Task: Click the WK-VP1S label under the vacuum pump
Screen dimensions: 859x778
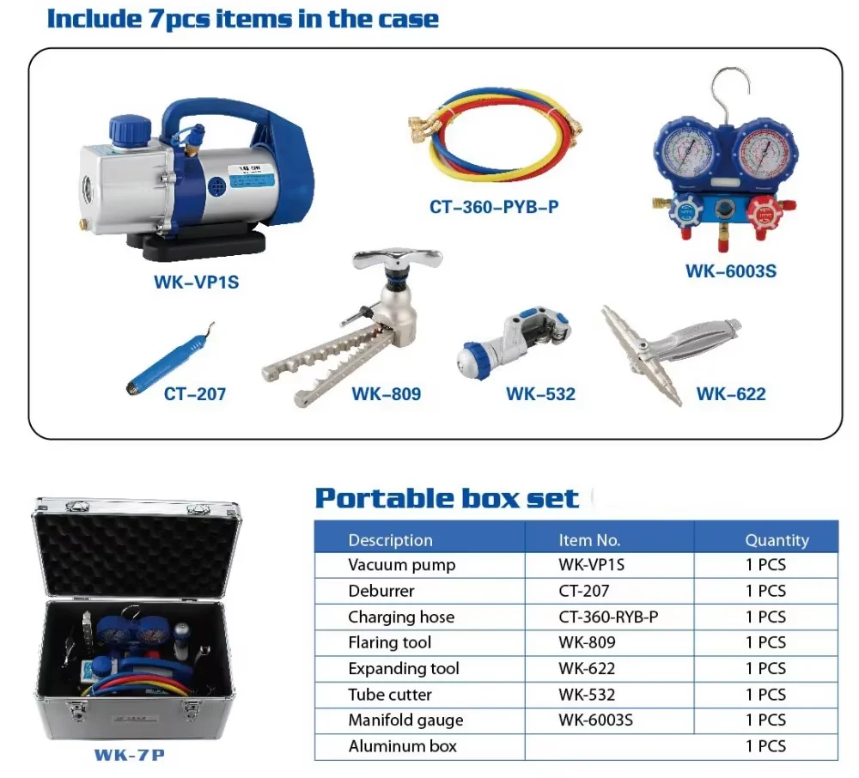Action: click(x=196, y=282)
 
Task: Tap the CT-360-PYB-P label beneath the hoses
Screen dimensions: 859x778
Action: click(x=494, y=207)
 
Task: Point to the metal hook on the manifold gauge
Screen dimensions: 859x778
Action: click(x=732, y=93)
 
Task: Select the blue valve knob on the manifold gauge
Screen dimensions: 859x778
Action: click(x=685, y=212)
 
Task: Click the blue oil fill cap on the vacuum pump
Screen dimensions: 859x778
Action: click(x=130, y=131)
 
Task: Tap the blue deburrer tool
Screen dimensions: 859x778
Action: click(x=171, y=357)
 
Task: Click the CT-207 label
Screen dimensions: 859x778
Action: click(x=194, y=393)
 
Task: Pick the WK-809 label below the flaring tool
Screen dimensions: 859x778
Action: click(x=387, y=393)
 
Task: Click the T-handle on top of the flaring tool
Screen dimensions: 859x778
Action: click(x=397, y=259)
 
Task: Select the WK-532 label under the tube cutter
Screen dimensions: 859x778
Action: click(x=540, y=393)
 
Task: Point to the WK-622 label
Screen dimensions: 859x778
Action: click(x=731, y=393)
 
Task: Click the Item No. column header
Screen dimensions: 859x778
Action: click(x=589, y=540)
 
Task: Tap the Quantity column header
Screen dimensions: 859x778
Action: click(x=777, y=540)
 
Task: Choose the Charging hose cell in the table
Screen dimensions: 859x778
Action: click(x=401, y=617)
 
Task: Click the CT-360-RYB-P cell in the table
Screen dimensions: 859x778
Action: click(x=608, y=617)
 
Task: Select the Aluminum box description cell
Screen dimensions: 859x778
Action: click(x=402, y=746)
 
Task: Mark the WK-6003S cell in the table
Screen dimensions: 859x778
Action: click(x=595, y=720)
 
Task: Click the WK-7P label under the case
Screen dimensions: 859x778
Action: click(x=130, y=755)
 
